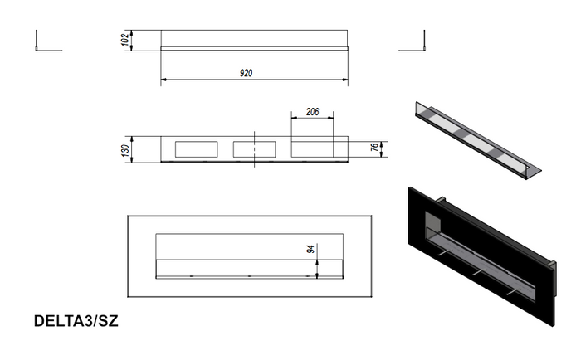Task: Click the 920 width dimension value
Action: (246, 73)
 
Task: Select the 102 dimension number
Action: (125, 40)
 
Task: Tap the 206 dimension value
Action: (312, 112)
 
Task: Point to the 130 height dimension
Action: (125, 150)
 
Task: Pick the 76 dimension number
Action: (375, 147)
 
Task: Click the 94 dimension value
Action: (310, 249)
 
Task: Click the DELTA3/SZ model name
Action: (76, 321)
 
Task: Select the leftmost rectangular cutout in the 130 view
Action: (197, 149)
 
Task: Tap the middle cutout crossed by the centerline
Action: (254, 149)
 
